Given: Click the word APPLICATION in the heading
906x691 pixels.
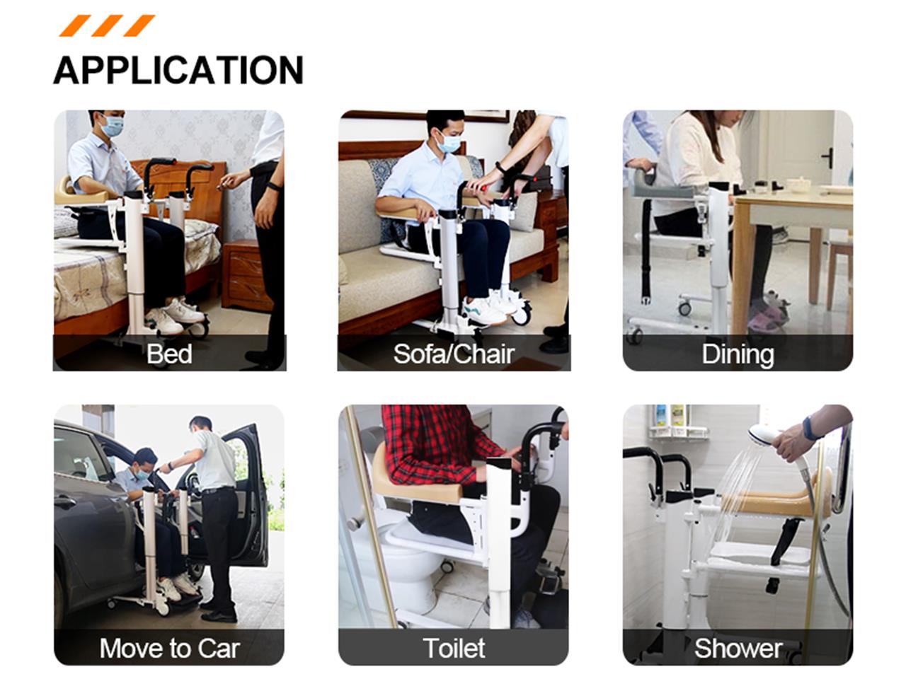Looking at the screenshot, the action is coord(178,70).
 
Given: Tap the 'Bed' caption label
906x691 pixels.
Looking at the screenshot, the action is coord(169,354).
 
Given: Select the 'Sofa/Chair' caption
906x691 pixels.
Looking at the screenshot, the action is coord(454,354).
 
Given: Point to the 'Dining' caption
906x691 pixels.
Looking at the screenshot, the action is coord(738,354).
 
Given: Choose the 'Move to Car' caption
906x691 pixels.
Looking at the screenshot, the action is coord(170,648).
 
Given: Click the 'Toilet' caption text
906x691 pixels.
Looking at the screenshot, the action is coord(454,648).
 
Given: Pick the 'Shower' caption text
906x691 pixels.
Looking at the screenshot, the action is coord(738,649).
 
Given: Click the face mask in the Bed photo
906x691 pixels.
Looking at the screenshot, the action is coord(113,126).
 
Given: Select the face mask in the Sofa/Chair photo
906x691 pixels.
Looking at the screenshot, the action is coord(449,142).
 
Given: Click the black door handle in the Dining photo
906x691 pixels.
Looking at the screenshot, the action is coord(827,158).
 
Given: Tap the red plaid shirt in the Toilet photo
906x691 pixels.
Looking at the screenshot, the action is coord(437,446).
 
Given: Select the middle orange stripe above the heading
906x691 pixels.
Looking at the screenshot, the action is coord(107,25).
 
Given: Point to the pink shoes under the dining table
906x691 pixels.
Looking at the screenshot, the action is coord(770,313).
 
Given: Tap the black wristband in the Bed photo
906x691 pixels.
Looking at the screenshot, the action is coord(274,186).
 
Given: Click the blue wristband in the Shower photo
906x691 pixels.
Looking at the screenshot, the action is coord(810,429).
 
